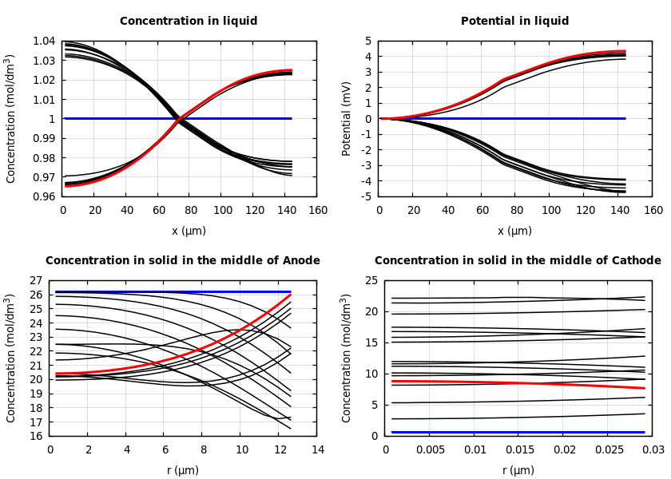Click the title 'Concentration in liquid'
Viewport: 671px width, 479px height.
189,22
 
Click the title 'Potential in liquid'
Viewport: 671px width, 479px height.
514,22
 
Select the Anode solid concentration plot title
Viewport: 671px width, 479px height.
183,261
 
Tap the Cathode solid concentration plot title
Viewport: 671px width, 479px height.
518,261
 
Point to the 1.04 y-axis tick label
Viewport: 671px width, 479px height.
43,42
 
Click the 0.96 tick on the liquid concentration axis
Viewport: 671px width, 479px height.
43,196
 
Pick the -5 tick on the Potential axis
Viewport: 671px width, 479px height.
367,196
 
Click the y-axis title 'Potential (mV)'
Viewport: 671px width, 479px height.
347,118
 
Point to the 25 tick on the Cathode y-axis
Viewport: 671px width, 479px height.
371,281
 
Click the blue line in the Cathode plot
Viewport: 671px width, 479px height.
511,432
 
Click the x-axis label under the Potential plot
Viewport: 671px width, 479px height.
514,232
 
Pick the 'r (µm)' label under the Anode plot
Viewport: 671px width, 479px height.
183,471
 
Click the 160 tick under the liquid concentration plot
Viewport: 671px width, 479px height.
317,211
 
